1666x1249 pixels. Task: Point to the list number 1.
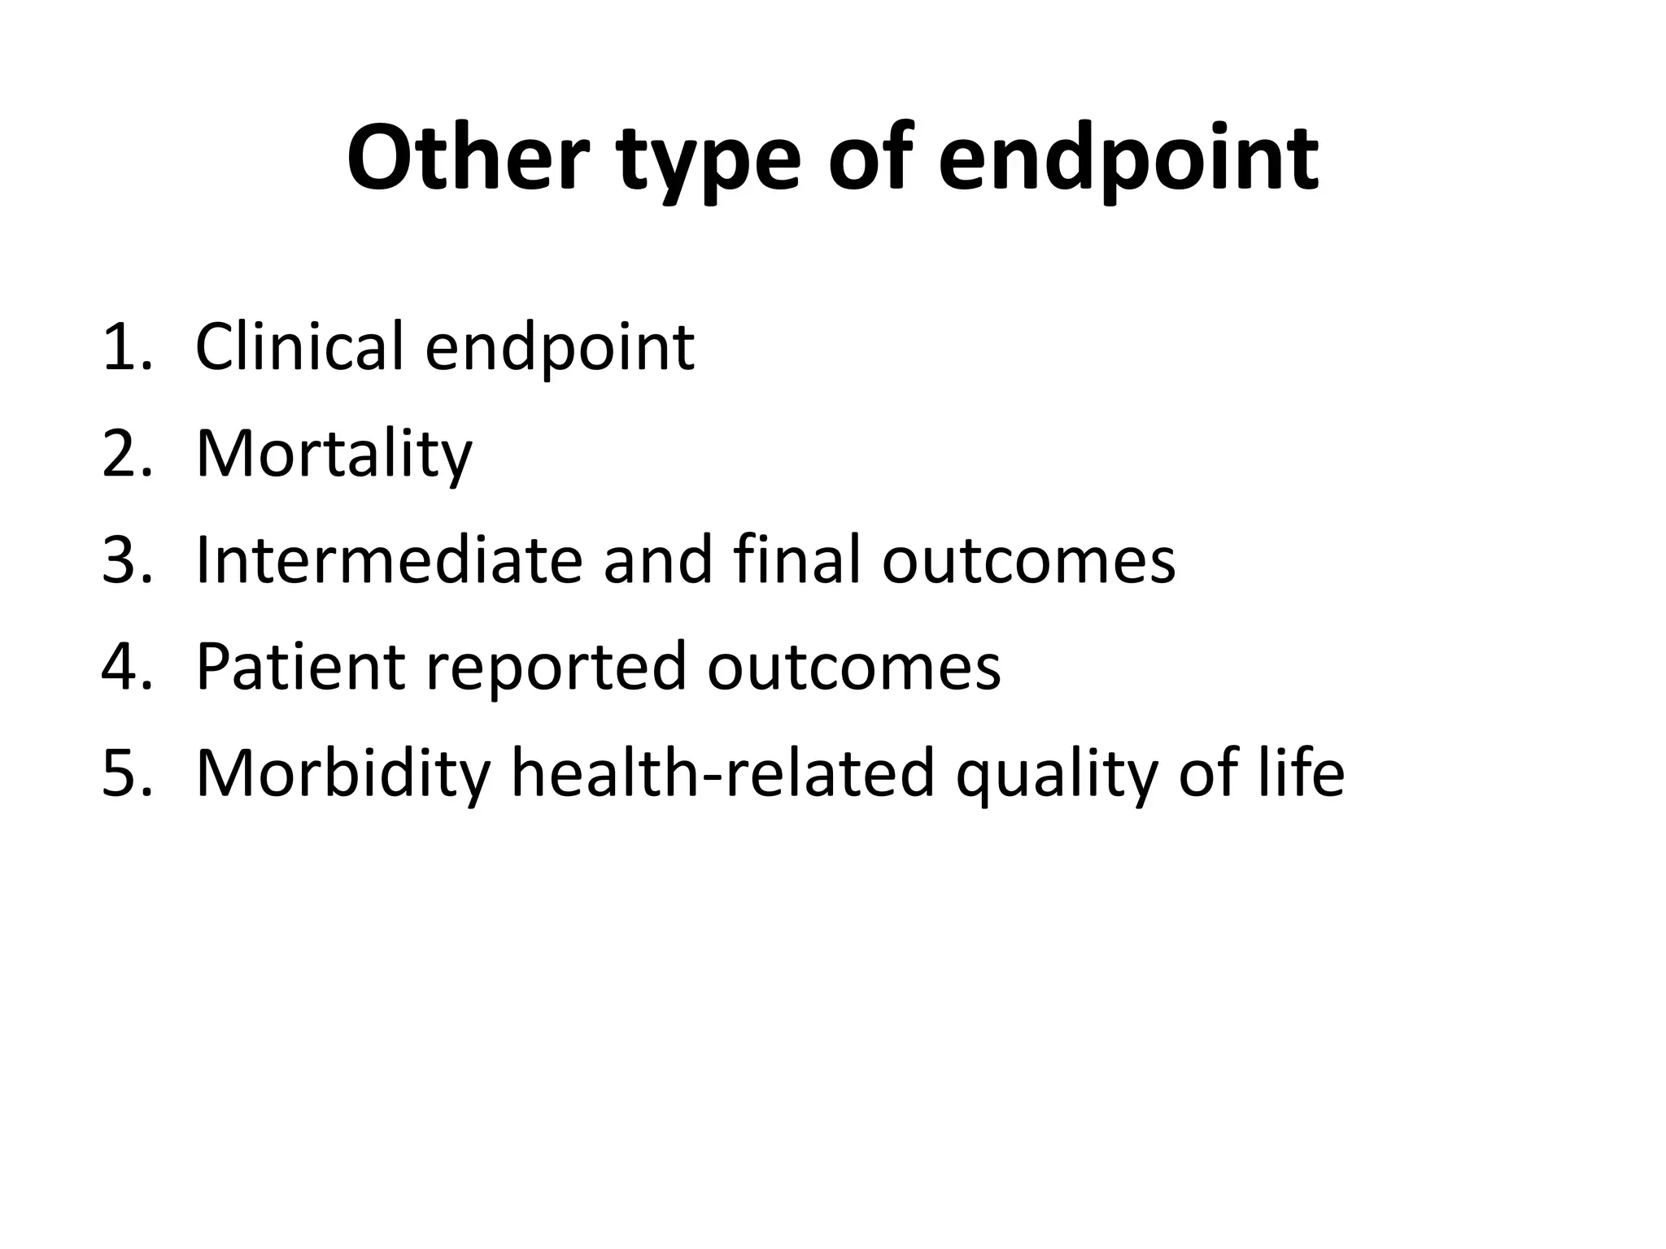(126, 347)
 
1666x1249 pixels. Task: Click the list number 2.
(126, 454)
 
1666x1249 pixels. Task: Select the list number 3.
(126, 560)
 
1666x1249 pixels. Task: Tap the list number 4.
(126, 667)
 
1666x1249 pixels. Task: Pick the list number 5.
(126, 773)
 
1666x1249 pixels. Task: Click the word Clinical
(299, 347)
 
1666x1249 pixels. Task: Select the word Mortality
(334, 455)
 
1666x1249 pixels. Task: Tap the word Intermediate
(389, 560)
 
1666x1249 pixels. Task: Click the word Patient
(300, 667)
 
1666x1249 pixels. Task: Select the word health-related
(722, 773)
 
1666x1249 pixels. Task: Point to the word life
(1301, 773)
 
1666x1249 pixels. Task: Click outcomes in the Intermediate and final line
(1028, 562)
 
